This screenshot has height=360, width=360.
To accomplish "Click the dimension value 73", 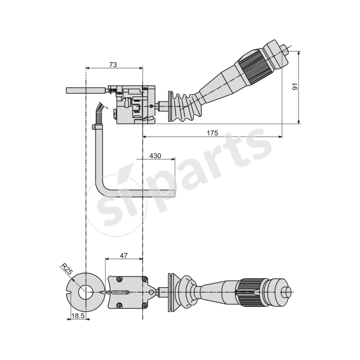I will click(x=113, y=65).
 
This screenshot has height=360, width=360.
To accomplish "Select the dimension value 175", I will click(x=212, y=133).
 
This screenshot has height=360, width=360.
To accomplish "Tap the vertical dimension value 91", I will click(x=295, y=86).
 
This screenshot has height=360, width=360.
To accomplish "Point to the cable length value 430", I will click(x=155, y=156).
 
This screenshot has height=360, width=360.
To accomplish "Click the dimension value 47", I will click(x=124, y=255).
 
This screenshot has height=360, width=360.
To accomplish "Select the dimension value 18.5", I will click(x=78, y=316).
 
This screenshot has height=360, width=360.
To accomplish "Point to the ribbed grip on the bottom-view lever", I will click(x=247, y=292).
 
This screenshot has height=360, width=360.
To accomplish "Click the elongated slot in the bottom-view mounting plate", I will click(x=120, y=292).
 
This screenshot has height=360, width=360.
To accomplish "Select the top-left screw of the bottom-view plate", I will click(x=119, y=279).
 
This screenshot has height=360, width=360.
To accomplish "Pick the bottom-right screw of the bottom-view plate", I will click(x=144, y=306).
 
